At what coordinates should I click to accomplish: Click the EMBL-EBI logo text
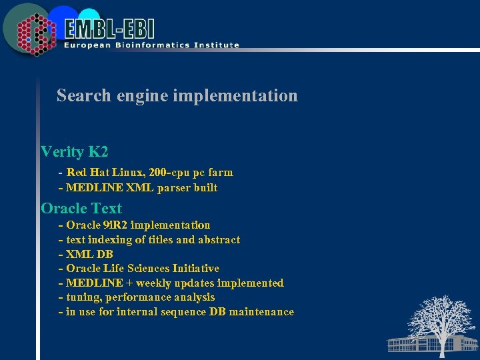point(110,29)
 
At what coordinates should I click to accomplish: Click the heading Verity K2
point(74,151)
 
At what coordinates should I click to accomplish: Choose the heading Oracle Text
point(81,208)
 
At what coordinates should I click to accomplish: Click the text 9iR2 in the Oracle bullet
point(115,225)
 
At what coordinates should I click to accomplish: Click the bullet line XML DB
point(89,254)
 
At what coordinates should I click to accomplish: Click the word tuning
point(83,297)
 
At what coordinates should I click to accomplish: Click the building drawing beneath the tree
point(413,344)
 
